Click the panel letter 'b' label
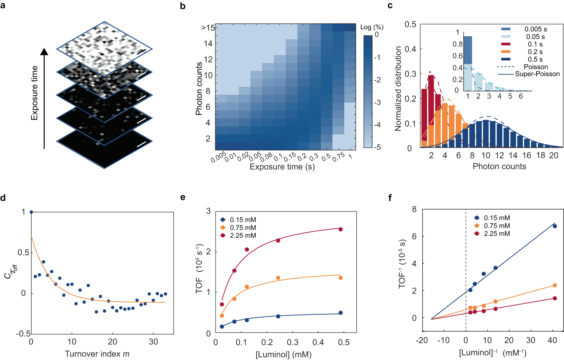(x=183, y=6)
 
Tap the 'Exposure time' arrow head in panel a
(x=44, y=52)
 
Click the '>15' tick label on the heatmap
(x=208, y=28)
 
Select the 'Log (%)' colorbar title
(x=372, y=27)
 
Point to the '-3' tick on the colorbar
(x=377, y=102)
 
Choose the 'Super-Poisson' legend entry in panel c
(x=537, y=74)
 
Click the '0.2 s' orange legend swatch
(x=506, y=52)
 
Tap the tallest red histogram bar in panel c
(x=431, y=110)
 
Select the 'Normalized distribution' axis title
(x=398, y=89)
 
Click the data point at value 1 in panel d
(x=31, y=212)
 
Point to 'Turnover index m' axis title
(x=97, y=354)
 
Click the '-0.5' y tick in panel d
(x=23, y=334)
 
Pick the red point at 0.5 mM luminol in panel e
(x=340, y=229)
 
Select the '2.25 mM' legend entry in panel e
(x=243, y=235)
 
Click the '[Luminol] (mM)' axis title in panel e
(x=283, y=354)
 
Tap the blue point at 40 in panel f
(x=554, y=226)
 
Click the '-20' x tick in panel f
(x=422, y=340)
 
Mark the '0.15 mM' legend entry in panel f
(x=497, y=218)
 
